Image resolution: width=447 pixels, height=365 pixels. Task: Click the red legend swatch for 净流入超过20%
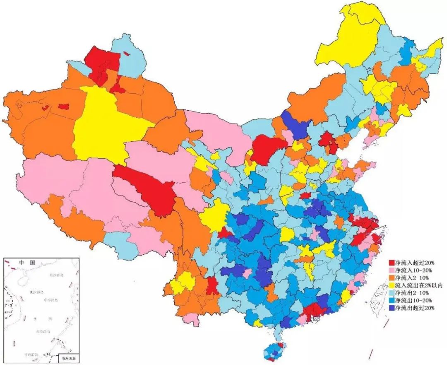tap(392, 263)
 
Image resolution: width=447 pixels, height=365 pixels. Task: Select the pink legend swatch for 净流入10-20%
tap(392, 270)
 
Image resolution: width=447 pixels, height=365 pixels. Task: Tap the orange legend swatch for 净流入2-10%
tap(392, 278)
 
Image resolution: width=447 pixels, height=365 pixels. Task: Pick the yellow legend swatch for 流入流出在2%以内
tap(392, 285)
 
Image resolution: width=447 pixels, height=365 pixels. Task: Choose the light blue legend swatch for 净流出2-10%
tap(392, 293)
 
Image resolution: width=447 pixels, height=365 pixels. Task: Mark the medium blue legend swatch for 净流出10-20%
tap(392, 300)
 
